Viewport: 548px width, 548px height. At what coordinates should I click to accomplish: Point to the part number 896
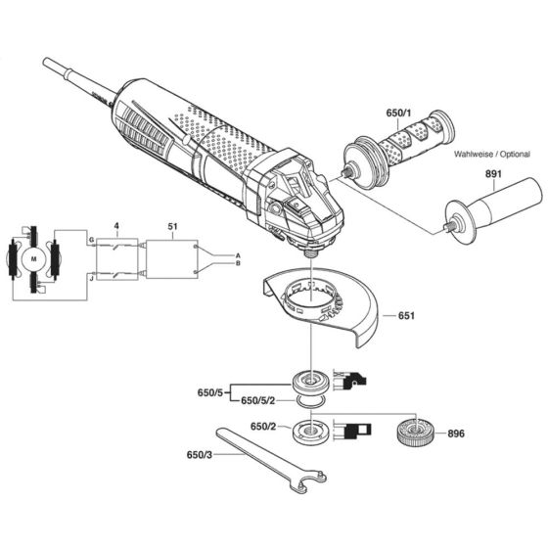click(x=454, y=432)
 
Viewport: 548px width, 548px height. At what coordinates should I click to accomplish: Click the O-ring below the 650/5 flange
click(x=312, y=400)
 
